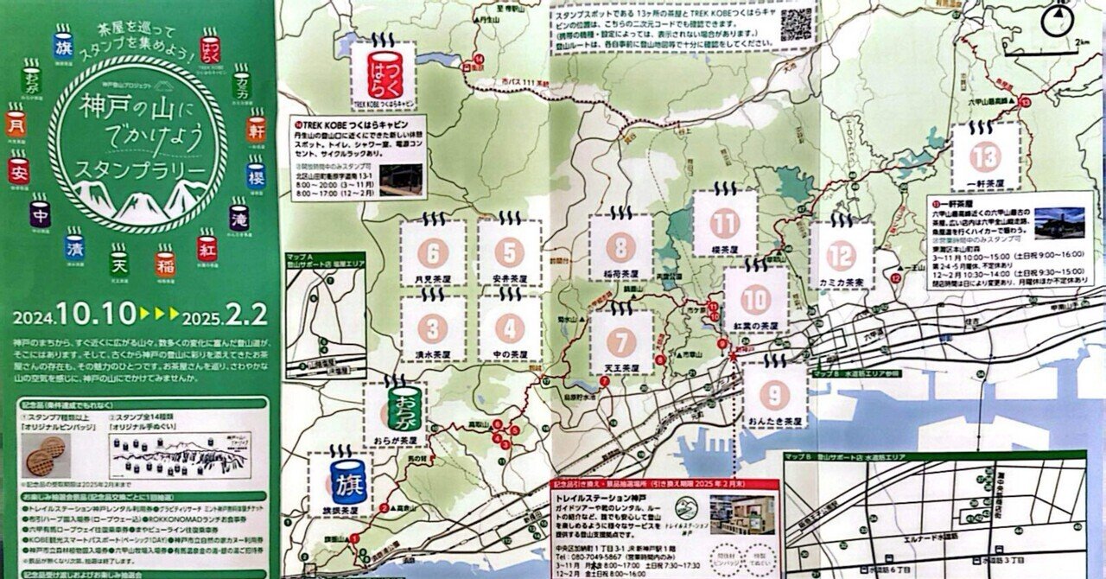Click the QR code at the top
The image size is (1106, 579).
[797, 24]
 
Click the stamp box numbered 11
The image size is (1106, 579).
[726, 224]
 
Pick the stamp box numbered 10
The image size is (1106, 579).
[756, 299]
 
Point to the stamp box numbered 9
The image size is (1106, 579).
[774, 395]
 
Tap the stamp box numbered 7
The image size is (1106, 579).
[620, 340]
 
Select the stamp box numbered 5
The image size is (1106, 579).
[510, 252]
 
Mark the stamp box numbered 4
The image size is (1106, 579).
[510, 329]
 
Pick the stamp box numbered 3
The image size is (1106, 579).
[433, 329]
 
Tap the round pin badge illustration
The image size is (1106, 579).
[52, 452]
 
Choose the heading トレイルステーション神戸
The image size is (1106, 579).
[601, 498]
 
